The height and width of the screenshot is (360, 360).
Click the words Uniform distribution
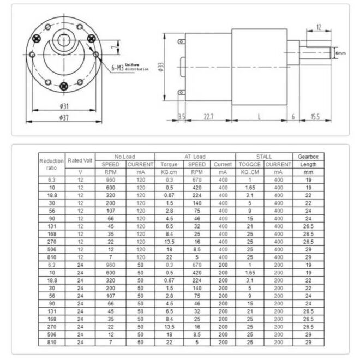[x=137, y=67]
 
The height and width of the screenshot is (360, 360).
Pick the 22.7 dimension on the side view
[x=209, y=117]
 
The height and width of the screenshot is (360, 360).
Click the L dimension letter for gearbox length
[x=259, y=117]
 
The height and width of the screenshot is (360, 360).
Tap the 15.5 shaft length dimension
[x=315, y=117]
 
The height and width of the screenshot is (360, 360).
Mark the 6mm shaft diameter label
[x=341, y=53]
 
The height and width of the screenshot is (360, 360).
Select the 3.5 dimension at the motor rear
[x=182, y=117]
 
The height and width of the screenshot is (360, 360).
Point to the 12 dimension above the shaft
[x=319, y=26]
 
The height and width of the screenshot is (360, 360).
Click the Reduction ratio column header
[x=51, y=164]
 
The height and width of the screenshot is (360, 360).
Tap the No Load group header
[x=125, y=157]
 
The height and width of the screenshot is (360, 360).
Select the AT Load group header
[x=195, y=157]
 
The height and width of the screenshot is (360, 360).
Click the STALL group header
[x=264, y=157]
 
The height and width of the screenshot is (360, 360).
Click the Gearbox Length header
[x=308, y=160]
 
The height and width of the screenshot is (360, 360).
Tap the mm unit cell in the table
[x=308, y=172]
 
